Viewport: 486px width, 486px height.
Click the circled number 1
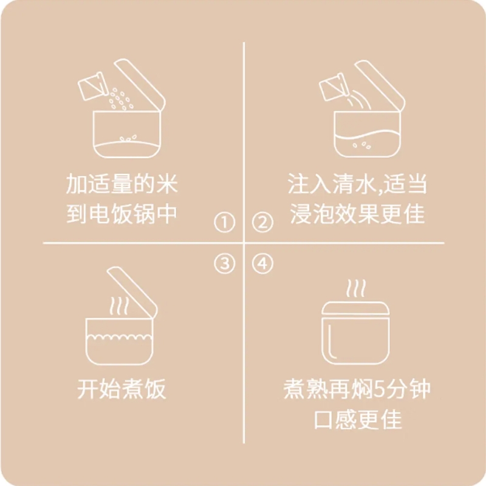point(224,222)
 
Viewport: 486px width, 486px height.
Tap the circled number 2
point(262,222)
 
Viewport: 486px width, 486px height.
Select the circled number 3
point(224,264)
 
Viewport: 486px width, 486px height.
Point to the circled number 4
point(262,264)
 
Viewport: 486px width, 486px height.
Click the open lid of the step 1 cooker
point(140,84)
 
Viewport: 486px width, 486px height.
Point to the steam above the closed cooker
point(356,288)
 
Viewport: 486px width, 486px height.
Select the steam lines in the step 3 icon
point(118,306)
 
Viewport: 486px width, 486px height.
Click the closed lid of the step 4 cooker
point(355,308)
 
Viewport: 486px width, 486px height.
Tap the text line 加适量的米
point(122,184)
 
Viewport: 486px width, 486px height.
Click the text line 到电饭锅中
point(122,214)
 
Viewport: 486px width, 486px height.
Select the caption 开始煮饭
point(122,389)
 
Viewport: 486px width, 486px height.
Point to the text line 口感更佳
point(358,420)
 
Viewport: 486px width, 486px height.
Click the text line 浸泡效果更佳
point(357,214)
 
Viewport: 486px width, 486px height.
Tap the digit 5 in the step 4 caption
point(379,389)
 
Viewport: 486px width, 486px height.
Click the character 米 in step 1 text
point(167,184)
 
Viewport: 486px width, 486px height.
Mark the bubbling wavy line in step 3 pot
point(119,337)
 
